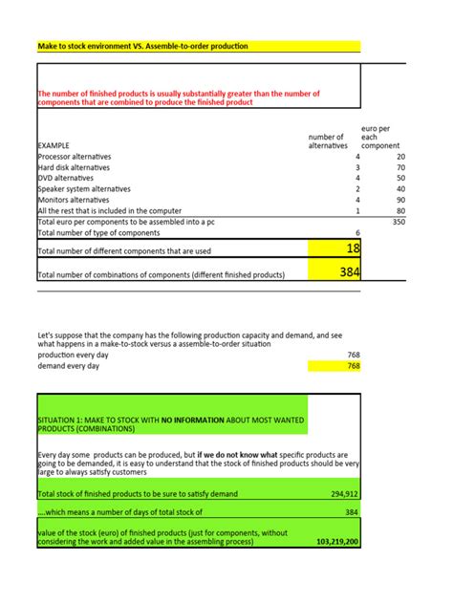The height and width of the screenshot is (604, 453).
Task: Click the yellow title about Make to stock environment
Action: (x=141, y=46)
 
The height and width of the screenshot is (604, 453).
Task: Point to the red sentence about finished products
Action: (x=178, y=97)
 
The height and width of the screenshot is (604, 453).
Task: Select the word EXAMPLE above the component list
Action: (x=54, y=145)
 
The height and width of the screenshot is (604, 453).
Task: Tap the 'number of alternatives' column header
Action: (x=328, y=140)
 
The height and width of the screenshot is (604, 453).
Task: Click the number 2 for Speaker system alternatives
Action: (x=357, y=189)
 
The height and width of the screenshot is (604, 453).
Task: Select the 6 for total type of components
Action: (x=357, y=232)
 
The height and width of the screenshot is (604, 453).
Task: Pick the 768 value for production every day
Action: (x=353, y=355)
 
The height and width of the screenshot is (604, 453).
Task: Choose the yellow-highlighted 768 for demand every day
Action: (x=353, y=366)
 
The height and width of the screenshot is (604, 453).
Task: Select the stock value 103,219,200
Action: (x=336, y=541)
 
